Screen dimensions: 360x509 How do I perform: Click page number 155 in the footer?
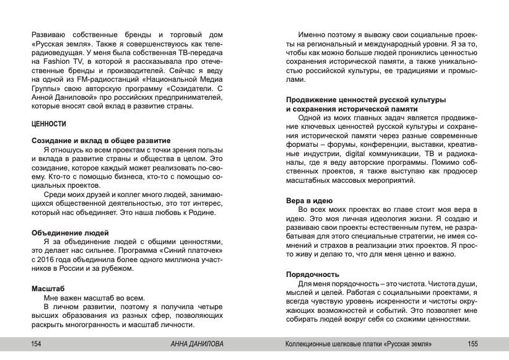coord(472,343)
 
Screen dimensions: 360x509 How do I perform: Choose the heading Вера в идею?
coord(308,201)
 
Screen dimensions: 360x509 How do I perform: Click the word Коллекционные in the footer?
coord(308,343)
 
